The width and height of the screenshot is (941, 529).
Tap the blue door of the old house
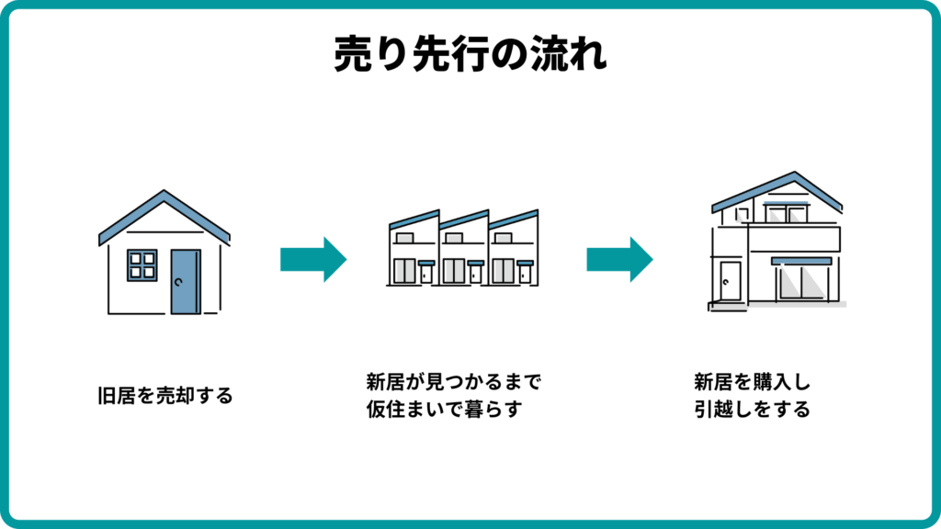[x=185, y=282]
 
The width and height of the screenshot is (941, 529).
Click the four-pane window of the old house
[x=142, y=264]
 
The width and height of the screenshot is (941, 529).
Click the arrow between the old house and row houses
[x=312, y=259]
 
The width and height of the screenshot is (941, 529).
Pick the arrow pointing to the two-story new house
[x=619, y=259]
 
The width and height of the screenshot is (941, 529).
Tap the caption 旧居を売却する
[x=165, y=397]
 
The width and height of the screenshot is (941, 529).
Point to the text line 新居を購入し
[x=751, y=381]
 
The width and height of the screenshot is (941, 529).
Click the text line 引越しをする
[x=753, y=410]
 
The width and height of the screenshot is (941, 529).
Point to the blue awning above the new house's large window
[x=801, y=261]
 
